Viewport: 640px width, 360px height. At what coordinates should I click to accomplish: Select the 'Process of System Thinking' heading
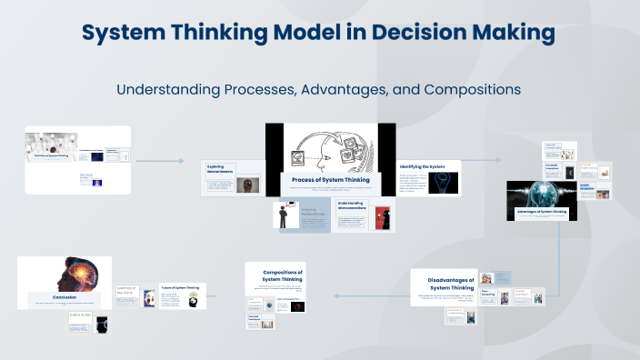pos(331,180)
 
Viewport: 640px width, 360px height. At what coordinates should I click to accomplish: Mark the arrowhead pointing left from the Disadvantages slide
pos(337,295)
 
